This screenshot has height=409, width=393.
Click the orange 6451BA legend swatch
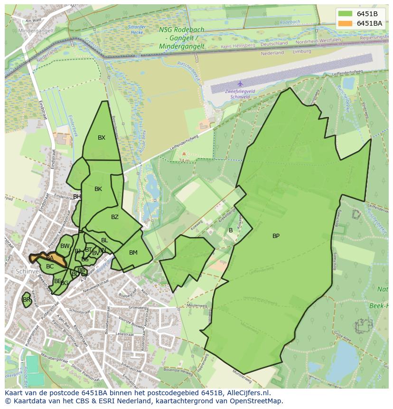[346, 23]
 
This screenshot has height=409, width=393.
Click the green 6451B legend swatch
[346, 14]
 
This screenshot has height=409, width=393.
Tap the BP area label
[276, 236]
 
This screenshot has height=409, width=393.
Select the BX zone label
[102, 138]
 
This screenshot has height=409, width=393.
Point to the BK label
[98, 189]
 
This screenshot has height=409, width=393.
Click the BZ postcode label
[115, 217]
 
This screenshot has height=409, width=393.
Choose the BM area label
[133, 253]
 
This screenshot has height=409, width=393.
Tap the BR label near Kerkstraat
[27, 300]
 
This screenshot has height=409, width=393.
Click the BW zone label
[65, 246]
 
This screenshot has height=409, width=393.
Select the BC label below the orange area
[50, 266]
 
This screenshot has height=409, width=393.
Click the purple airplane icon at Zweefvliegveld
[240, 84]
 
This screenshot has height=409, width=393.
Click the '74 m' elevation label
[184, 161]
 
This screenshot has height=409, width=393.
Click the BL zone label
[104, 240]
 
